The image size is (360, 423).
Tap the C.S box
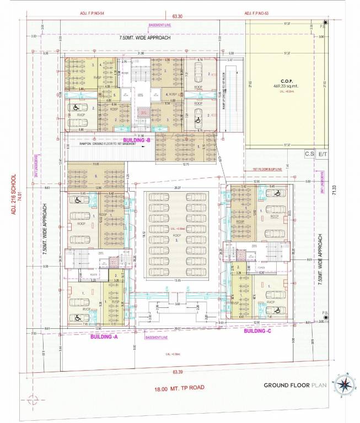pyautogui.click(x=309, y=155)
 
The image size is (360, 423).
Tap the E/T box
pyautogui.click(x=323, y=155)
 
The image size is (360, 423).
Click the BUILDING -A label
pyautogui.click(x=104, y=337)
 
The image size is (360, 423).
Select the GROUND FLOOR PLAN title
pyautogui.click(x=295, y=385)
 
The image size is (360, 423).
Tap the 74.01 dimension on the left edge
pyautogui.click(x=19, y=194)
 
